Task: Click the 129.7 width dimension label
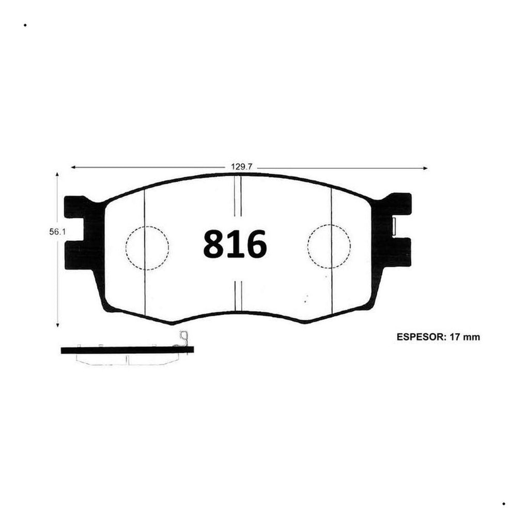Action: (241, 167)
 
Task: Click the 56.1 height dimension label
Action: (57, 232)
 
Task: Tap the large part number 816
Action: (235, 244)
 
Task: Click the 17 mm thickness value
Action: (465, 337)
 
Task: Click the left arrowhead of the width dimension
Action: (73, 167)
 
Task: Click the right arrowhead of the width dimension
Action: (426, 168)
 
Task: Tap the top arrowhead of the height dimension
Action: (57, 175)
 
